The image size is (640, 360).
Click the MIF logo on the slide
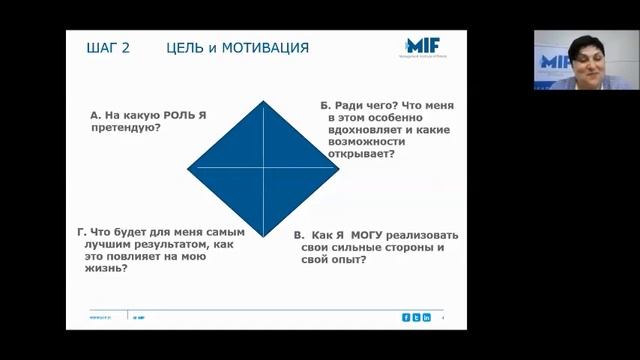click(x=428, y=47)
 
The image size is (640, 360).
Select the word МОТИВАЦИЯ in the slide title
click(x=264, y=48)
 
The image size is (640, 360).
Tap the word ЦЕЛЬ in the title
click(x=187, y=48)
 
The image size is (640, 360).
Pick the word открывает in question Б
click(x=360, y=154)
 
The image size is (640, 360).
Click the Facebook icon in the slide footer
click(x=406, y=317)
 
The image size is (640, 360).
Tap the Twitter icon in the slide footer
click(x=416, y=317)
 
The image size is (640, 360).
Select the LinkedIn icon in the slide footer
click(x=426, y=317)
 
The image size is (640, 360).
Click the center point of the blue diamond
click(x=264, y=167)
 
